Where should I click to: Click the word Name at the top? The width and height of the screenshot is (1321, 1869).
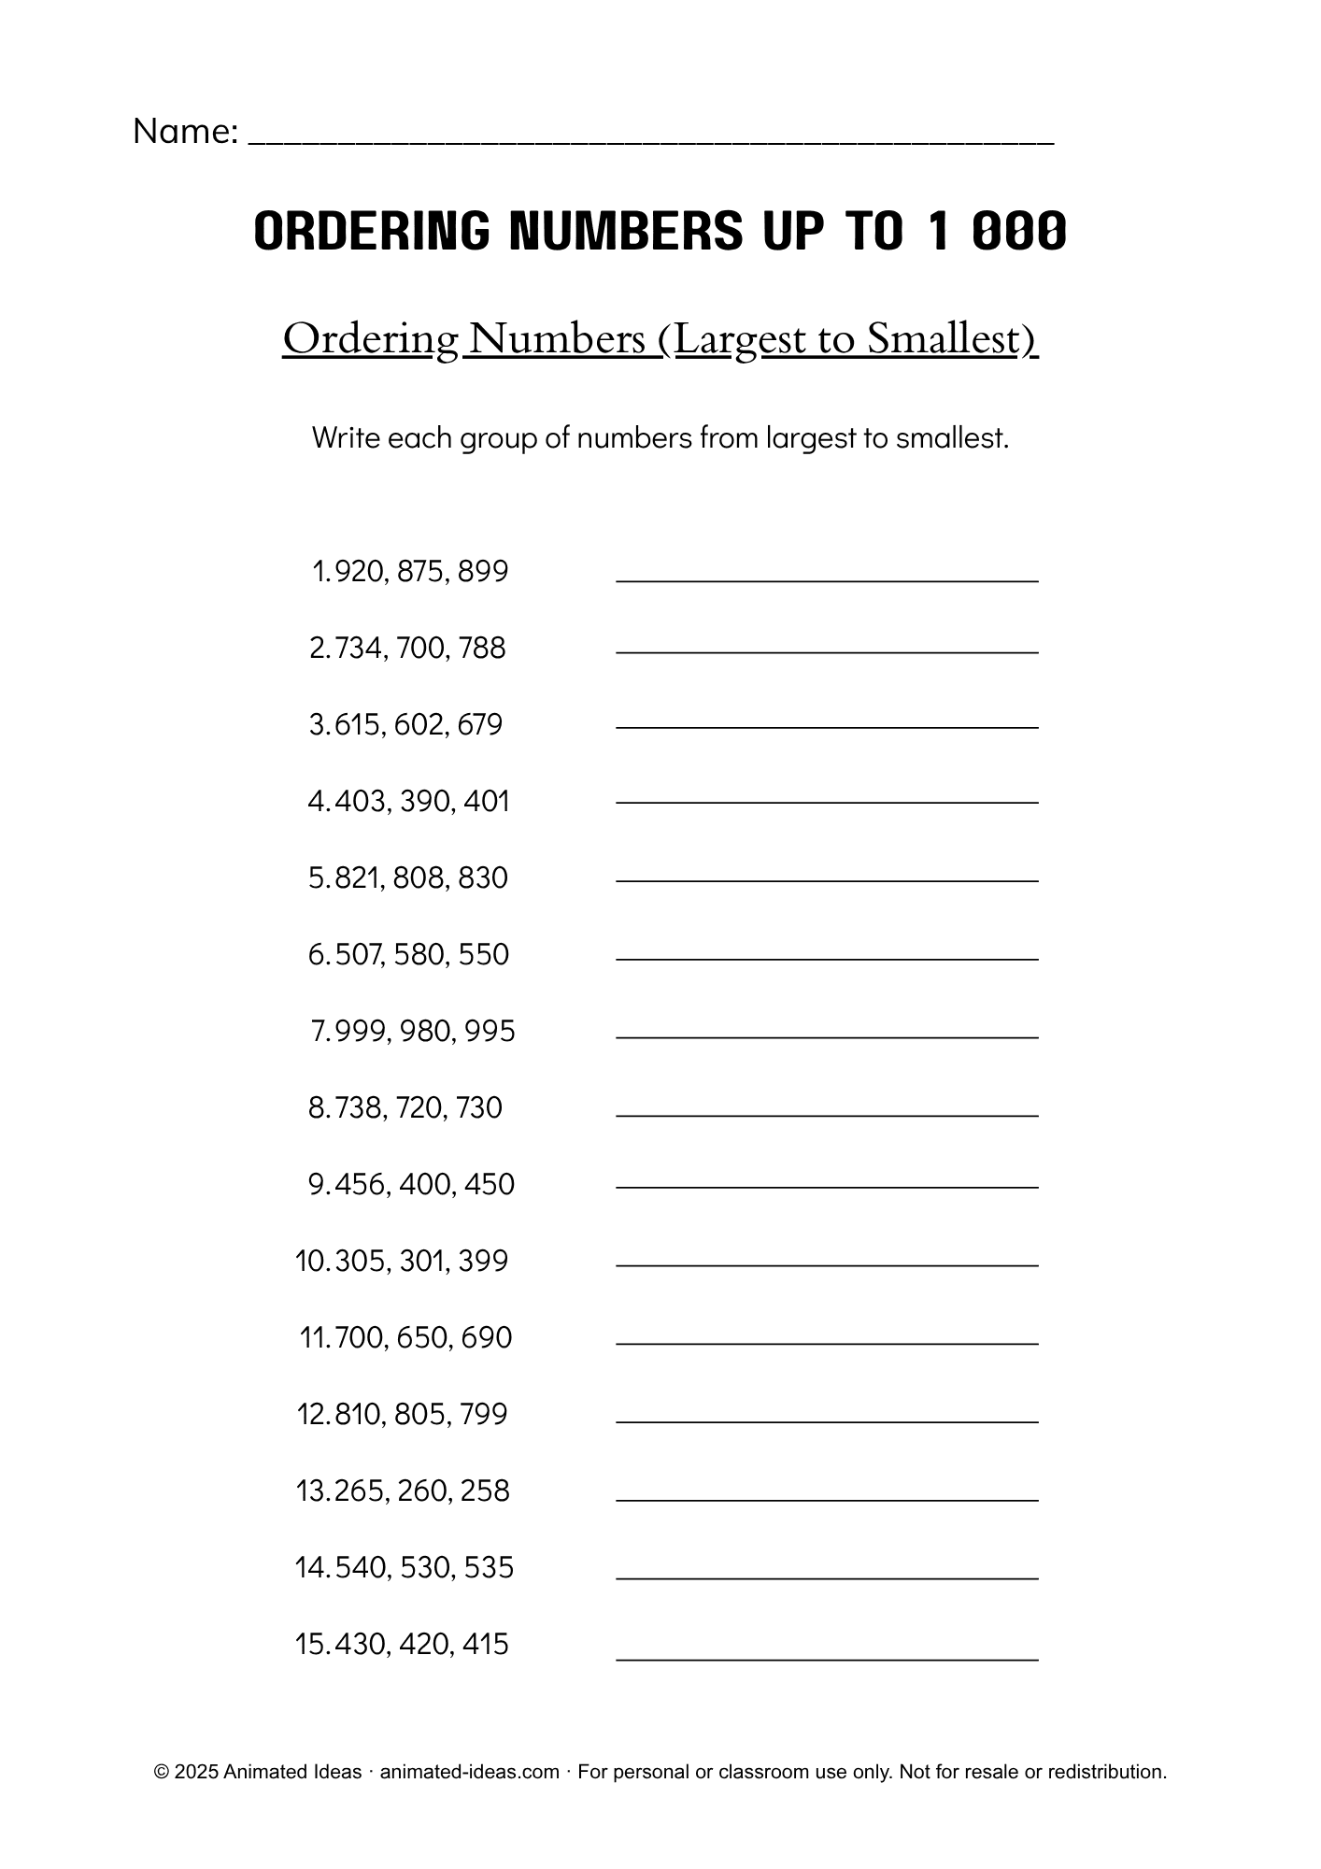tap(182, 132)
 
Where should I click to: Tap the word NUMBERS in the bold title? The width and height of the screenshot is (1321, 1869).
tap(626, 231)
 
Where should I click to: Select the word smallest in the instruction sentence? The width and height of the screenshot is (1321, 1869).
tap(949, 437)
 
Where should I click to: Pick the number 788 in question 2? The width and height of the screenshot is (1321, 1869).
tap(482, 648)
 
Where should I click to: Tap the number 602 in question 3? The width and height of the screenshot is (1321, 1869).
tap(420, 724)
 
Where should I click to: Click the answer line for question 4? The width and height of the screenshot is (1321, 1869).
tap(827, 802)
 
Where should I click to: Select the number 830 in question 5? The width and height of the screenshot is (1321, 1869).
tap(483, 877)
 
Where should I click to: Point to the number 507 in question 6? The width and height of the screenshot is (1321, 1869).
tap(358, 954)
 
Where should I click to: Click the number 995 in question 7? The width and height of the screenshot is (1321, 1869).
tap(490, 1031)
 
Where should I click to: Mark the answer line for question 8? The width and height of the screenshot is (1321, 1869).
tap(827, 1115)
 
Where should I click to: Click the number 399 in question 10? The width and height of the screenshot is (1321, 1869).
tap(483, 1261)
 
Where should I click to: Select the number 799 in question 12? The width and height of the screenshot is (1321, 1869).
tap(483, 1414)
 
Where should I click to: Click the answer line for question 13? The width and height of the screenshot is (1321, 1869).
tap(827, 1499)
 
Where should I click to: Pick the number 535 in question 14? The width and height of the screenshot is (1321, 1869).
tap(489, 1567)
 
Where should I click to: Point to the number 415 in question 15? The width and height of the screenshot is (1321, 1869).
tap(484, 1644)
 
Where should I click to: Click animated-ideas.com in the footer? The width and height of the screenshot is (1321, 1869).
tap(469, 1772)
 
